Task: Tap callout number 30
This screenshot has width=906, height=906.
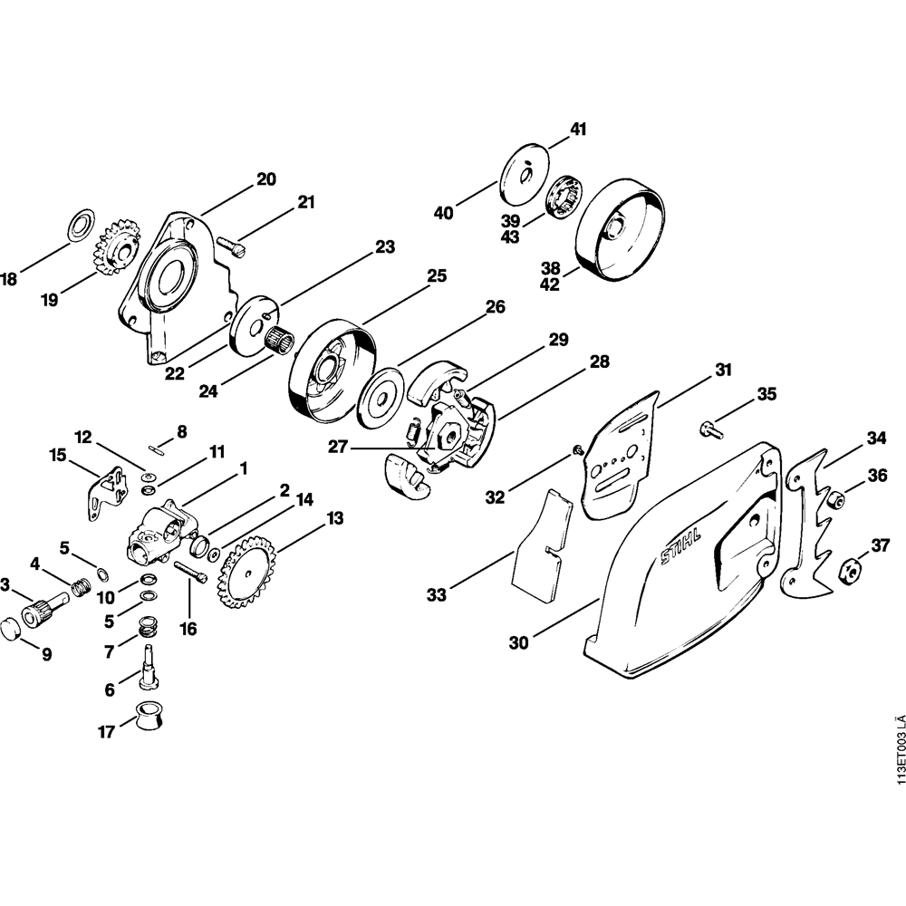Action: [x=518, y=642]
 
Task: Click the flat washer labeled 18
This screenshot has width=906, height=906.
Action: [x=82, y=224]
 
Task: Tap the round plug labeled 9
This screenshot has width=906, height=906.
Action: [x=11, y=629]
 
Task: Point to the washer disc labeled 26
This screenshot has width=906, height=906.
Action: [x=381, y=398]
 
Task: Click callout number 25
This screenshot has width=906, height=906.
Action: [x=437, y=276]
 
